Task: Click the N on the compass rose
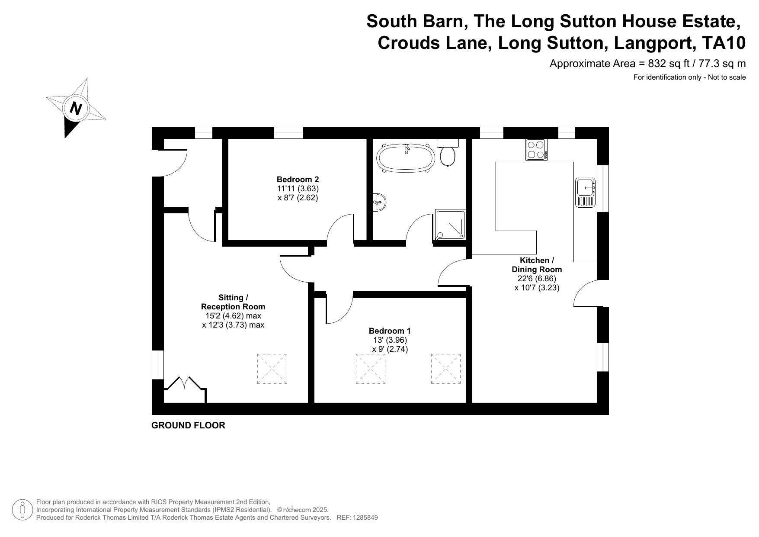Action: (x=76, y=108)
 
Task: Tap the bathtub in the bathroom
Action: (x=405, y=158)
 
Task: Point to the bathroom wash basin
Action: (x=380, y=202)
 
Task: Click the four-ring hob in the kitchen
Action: (x=536, y=150)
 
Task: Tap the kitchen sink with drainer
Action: (x=586, y=193)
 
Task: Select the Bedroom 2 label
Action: (x=298, y=179)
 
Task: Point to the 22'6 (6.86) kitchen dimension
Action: (x=537, y=279)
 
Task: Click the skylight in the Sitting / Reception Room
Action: (x=272, y=369)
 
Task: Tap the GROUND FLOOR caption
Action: (x=188, y=425)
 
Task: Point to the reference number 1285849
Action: (x=365, y=518)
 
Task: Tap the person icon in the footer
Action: (x=22, y=510)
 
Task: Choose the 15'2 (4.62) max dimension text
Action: (x=233, y=316)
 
